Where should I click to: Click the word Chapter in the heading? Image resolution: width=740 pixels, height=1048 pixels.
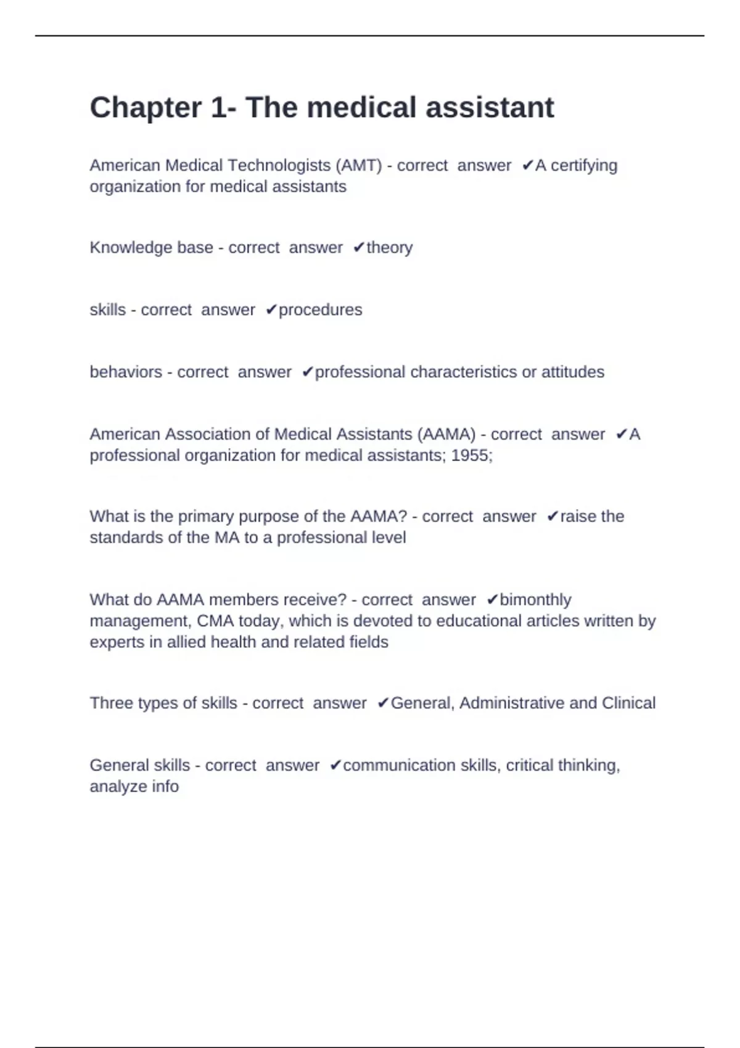(x=146, y=107)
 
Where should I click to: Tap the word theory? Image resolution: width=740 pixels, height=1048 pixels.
(x=389, y=247)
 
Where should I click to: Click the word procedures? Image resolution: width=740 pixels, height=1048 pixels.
(x=320, y=309)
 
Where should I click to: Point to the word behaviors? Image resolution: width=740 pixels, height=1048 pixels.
(x=126, y=372)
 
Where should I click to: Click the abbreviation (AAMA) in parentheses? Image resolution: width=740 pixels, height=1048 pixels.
(x=446, y=434)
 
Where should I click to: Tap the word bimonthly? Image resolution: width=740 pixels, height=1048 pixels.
(x=535, y=599)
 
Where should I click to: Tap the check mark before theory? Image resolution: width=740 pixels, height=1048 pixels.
(x=359, y=247)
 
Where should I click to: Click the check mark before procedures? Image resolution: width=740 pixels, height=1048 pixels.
(x=271, y=309)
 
